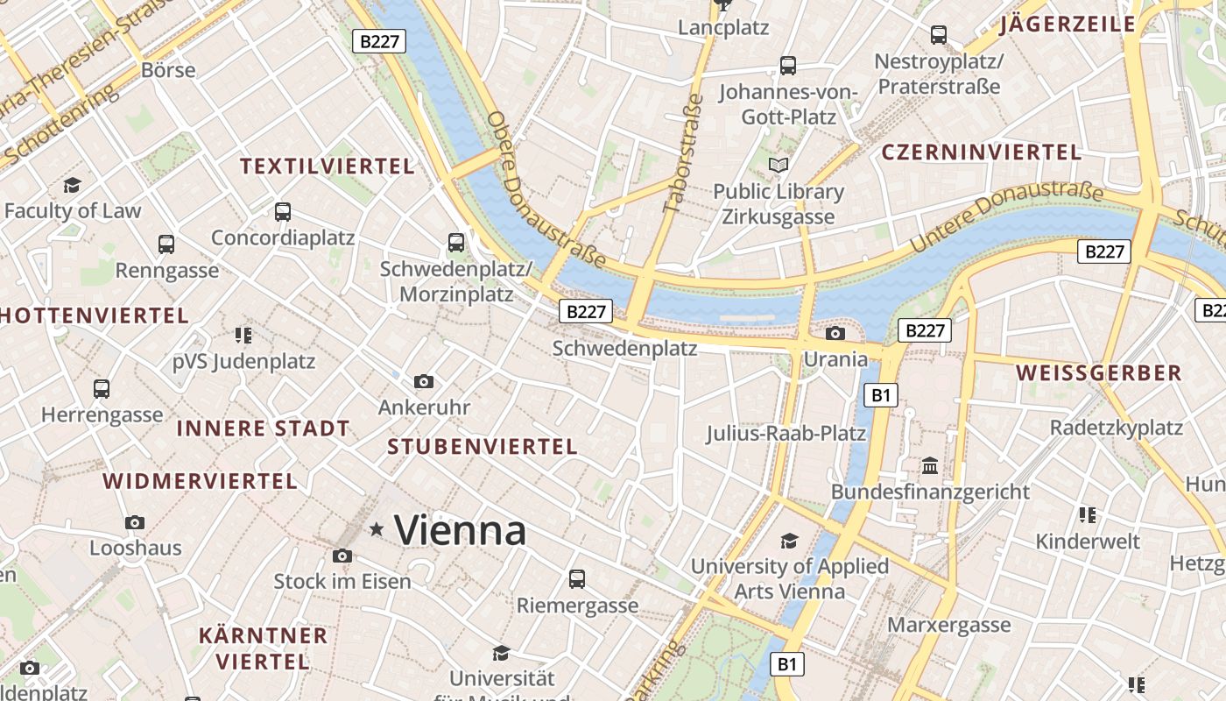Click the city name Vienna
pyautogui.click(x=460, y=530)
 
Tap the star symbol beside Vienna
pyautogui.click(x=377, y=529)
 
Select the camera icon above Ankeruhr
pyautogui.click(x=424, y=381)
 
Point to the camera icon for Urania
pyautogui.click(x=835, y=333)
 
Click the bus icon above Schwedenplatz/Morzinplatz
pyautogui.click(x=456, y=243)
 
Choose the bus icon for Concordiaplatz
pyautogui.click(x=282, y=211)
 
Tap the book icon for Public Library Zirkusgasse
pyautogui.click(x=779, y=165)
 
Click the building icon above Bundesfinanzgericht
pyautogui.click(x=930, y=464)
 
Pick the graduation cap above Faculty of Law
pyautogui.click(x=72, y=185)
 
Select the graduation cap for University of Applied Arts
pyautogui.click(x=790, y=540)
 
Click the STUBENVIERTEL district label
pyautogui.click(x=483, y=447)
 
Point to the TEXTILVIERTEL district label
pyautogui.click(x=328, y=166)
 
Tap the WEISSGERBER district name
pyautogui.click(x=1099, y=373)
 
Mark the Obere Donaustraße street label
pyautogui.click(x=546, y=189)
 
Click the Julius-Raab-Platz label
pyautogui.click(x=786, y=433)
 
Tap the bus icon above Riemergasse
pyautogui.click(x=576, y=578)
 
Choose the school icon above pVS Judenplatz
pyautogui.click(x=243, y=335)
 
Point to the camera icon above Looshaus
pyautogui.click(x=135, y=522)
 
